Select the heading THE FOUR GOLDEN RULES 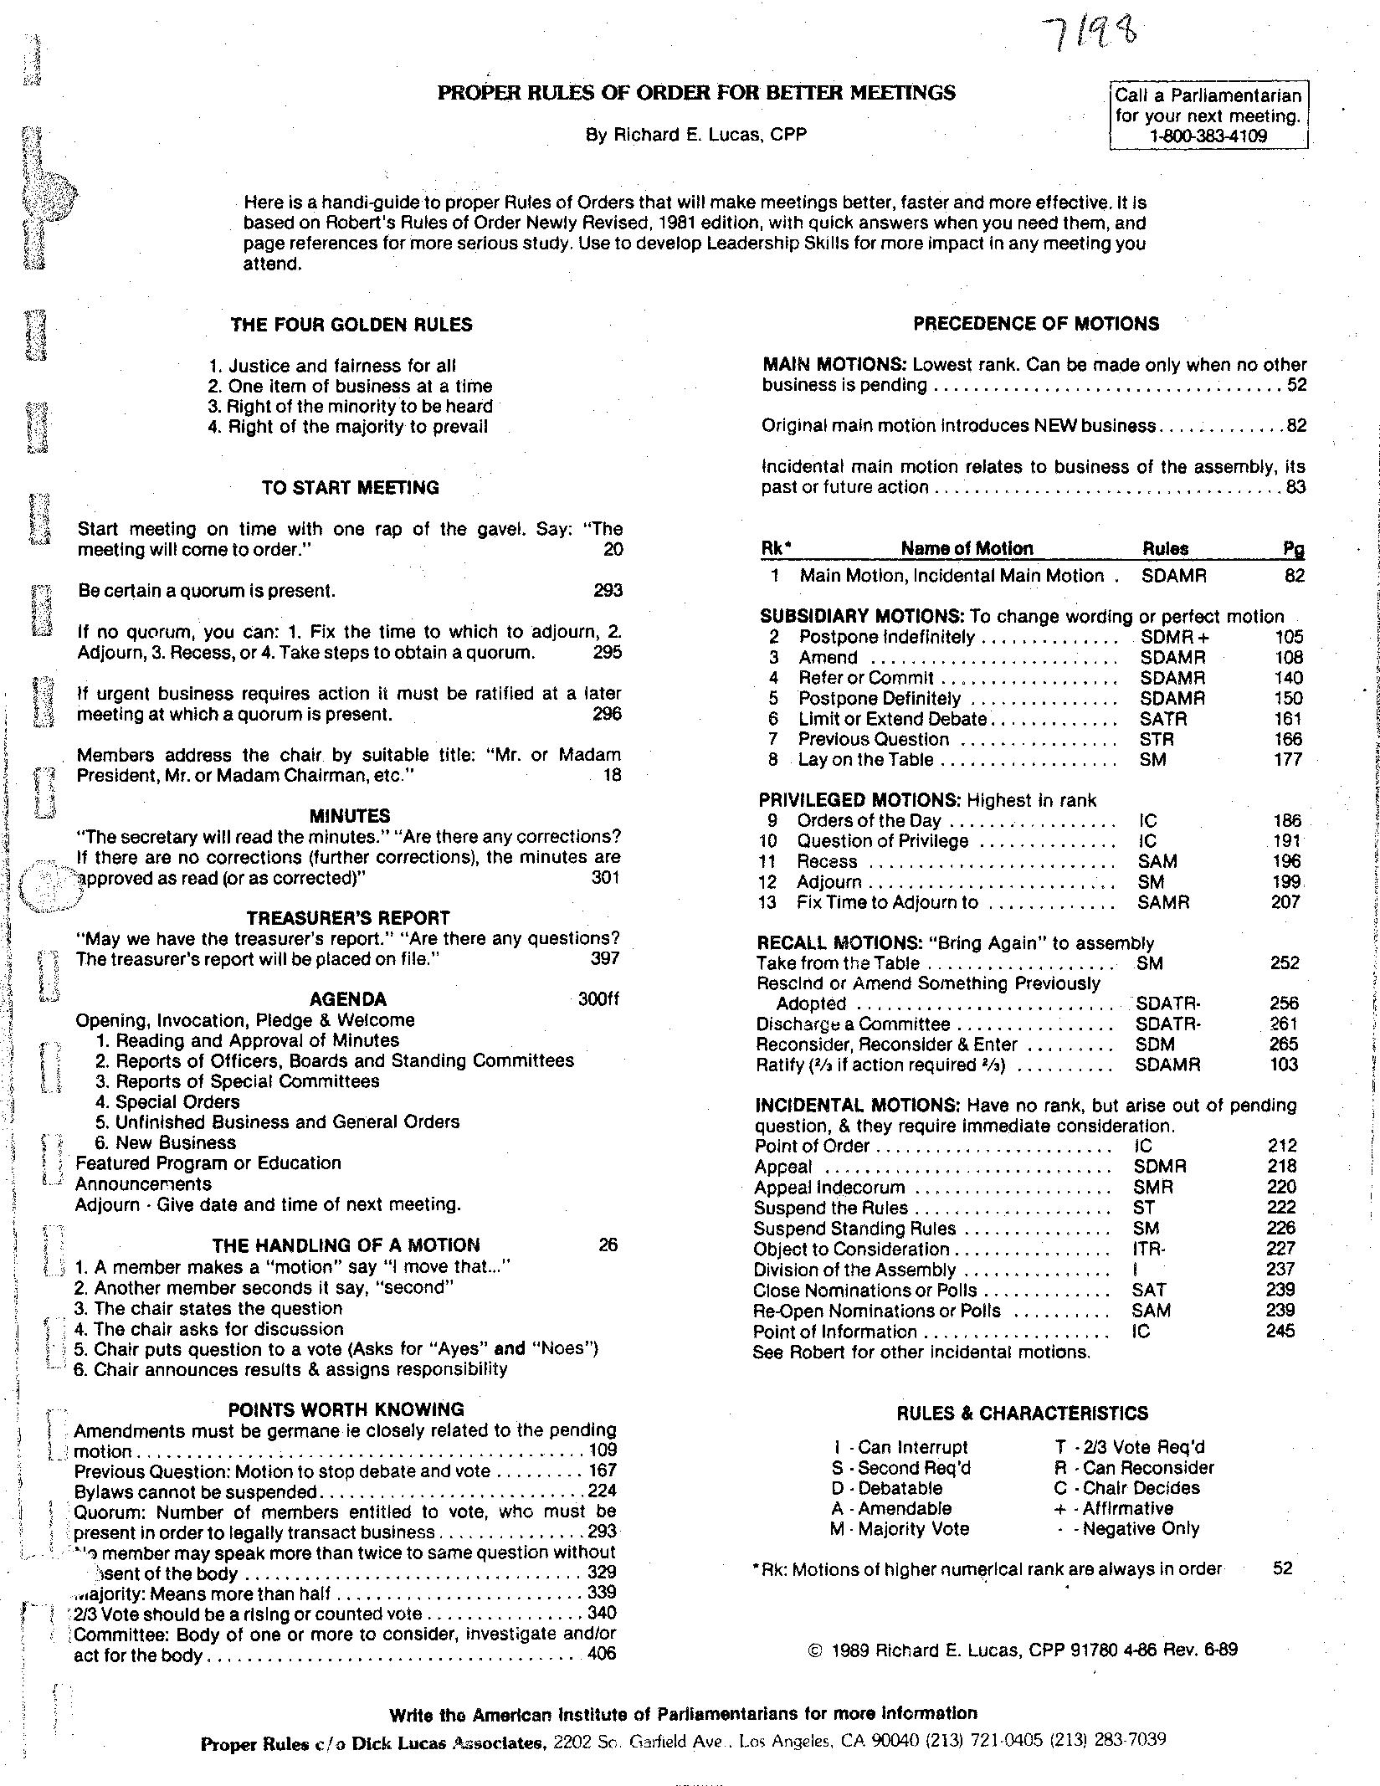351,325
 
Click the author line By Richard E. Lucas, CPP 695,135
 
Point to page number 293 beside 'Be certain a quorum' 608,591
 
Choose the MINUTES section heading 349,816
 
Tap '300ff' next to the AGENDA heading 598,999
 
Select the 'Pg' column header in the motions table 1293,549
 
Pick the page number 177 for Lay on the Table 1288,759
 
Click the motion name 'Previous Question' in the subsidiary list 873,739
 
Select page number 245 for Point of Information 1280,1331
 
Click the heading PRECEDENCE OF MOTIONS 1035,324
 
